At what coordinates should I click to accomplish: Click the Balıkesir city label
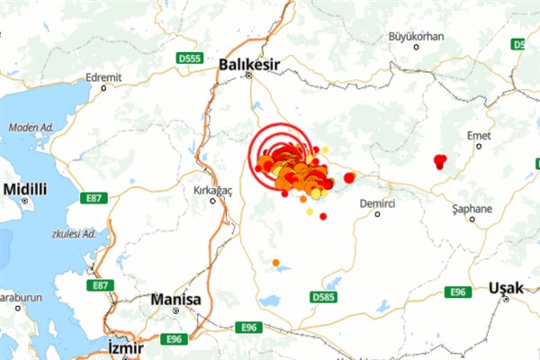(x=249, y=64)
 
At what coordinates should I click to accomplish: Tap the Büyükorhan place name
(x=417, y=36)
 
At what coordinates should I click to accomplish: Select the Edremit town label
(x=103, y=77)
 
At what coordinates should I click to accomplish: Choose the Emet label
(x=479, y=135)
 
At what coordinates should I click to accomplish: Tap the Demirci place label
(x=378, y=204)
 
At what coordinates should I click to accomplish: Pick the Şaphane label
(x=472, y=209)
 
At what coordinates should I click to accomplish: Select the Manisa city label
(x=176, y=298)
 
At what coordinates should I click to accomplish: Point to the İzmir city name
(x=126, y=346)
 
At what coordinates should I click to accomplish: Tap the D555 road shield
(x=189, y=58)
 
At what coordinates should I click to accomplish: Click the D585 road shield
(x=323, y=296)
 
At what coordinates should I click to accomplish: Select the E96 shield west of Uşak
(x=458, y=292)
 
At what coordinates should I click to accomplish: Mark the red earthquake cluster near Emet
(x=439, y=162)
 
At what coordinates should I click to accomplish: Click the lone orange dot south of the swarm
(x=276, y=263)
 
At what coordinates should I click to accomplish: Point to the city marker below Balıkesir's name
(x=249, y=76)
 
